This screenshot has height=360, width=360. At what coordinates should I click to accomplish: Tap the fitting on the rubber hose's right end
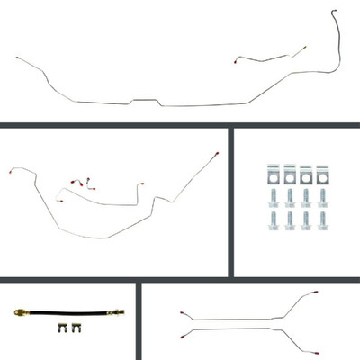click(119, 312)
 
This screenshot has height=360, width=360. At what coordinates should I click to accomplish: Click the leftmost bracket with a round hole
click(271, 173)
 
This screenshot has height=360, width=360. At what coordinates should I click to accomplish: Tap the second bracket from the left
click(289, 173)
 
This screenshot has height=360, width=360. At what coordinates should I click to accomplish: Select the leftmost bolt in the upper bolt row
click(271, 194)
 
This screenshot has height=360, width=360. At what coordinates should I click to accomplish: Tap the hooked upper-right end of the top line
click(334, 13)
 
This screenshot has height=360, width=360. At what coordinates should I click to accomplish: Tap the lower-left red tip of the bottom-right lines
click(183, 333)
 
